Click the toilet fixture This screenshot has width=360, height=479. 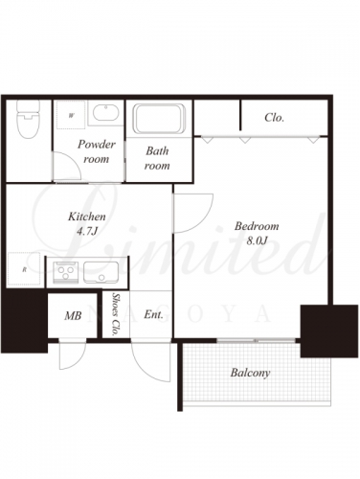pyautogui.click(x=28, y=119)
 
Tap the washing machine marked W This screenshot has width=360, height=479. pyautogui.click(x=71, y=115)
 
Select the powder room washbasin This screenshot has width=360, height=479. pyautogui.click(x=105, y=113)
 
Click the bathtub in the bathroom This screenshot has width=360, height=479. pyautogui.click(x=159, y=118)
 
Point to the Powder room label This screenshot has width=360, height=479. pyautogui.click(x=96, y=151)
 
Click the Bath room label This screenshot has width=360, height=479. pyautogui.click(x=157, y=158)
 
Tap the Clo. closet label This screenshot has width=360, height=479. pyautogui.click(x=274, y=118)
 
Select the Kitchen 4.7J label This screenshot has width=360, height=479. pyautogui.click(x=87, y=223)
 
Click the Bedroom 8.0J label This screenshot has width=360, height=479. pyautogui.click(x=257, y=233)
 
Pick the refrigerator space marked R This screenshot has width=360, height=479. pyautogui.click(x=24, y=269)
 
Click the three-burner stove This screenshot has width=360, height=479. pyautogui.click(x=66, y=272)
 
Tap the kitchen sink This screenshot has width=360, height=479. pyautogui.click(x=101, y=272)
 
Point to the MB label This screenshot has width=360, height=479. pyautogui.click(x=73, y=316)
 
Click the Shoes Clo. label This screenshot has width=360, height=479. pyautogui.click(x=116, y=314)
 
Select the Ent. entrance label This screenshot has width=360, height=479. pyautogui.click(x=153, y=314)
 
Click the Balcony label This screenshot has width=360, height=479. pyautogui.click(x=251, y=373)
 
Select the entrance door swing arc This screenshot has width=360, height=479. pyautogui.click(x=146, y=367)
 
